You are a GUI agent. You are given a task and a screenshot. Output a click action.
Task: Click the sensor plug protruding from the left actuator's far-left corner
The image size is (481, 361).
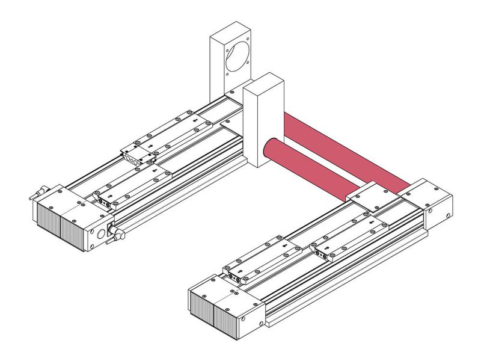click(x=37, y=194)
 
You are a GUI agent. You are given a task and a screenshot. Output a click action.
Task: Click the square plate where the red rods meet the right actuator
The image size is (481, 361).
click(x=373, y=195)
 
